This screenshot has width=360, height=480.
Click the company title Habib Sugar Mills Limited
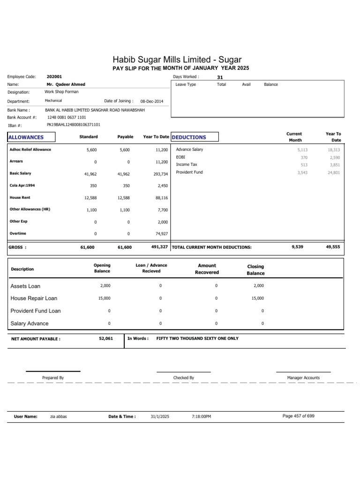(x=177, y=60)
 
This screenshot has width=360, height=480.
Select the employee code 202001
(x=54, y=76)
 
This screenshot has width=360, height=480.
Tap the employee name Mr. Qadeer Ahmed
(x=66, y=84)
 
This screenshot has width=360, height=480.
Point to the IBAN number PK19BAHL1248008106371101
(x=73, y=125)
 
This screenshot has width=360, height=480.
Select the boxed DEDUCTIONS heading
(x=189, y=137)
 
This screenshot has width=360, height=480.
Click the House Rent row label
(x=20, y=198)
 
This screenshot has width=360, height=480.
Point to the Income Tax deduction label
(x=187, y=165)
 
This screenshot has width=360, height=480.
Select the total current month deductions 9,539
(x=297, y=246)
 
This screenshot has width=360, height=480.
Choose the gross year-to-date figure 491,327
(x=159, y=247)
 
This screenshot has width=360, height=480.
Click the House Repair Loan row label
(x=34, y=298)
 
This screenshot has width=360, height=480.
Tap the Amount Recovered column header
(x=207, y=269)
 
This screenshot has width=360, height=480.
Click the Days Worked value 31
(x=220, y=77)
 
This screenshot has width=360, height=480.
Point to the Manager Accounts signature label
(x=303, y=377)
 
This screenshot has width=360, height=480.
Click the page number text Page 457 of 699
(x=299, y=416)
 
